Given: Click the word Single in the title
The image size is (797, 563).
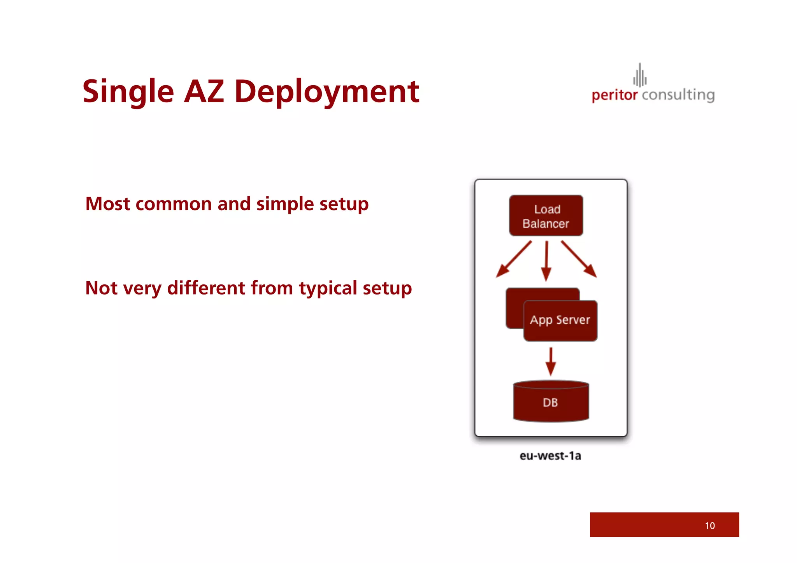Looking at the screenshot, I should (128, 92).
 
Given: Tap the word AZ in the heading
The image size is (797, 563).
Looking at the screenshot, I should (204, 92).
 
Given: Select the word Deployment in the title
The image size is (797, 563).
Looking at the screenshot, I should (327, 92).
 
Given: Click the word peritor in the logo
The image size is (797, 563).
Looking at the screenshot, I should (614, 95).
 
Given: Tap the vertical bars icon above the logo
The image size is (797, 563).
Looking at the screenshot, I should (639, 75).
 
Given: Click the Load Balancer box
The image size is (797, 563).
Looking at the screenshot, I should (546, 216).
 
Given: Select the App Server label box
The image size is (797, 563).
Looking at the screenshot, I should (560, 321).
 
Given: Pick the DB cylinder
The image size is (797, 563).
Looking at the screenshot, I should (551, 402).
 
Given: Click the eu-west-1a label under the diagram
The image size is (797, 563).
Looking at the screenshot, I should (550, 456).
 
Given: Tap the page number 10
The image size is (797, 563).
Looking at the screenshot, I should (709, 526).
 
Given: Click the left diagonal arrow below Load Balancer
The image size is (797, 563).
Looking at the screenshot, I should (513, 260).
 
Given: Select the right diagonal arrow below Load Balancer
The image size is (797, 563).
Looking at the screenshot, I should (579, 260).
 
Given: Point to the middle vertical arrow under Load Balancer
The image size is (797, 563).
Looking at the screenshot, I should (546, 261).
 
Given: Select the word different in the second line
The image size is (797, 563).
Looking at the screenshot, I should (206, 288).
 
